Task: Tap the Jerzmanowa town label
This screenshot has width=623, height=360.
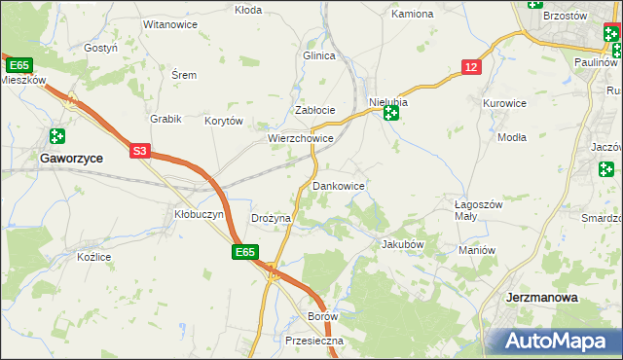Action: pyautogui.click(x=542, y=298)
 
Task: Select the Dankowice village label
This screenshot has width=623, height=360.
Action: pyautogui.click(x=339, y=185)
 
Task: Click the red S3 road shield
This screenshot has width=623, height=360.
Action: pyautogui.click(x=141, y=151)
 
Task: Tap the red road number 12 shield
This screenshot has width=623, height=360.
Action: pyautogui.click(x=471, y=66)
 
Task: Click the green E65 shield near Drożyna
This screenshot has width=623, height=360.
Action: pyautogui.click(x=245, y=252)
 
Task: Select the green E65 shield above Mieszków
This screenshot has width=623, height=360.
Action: pyautogui.click(x=18, y=64)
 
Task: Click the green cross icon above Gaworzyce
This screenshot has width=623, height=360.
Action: pyautogui.click(x=57, y=136)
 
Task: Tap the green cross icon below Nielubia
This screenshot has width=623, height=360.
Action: pyautogui.click(x=390, y=115)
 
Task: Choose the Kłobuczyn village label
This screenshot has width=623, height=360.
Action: pyautogui.click(x=200, y=214)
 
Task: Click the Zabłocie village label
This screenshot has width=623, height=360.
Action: pyautogui.click(x=315, y=110)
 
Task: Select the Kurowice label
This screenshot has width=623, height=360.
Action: pyautogui.click(x=504, y=102)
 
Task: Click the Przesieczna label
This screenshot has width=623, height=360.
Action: pyautogui.click(x=315, y=342)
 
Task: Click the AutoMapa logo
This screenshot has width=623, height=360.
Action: pyautogui.click(x=555, y=341)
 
